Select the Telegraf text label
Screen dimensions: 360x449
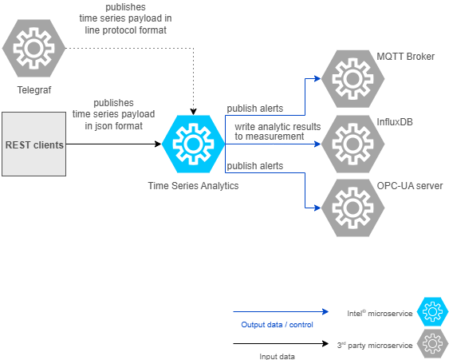[33, 90]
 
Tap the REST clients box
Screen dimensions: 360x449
[33, 144]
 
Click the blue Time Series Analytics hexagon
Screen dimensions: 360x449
[192, 144]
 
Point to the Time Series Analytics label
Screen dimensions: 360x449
[193, 185]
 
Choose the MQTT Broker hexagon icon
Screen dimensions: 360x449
[352, 79]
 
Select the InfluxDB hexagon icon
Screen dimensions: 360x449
[352, 144]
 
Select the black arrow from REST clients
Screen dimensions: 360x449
[112, 144]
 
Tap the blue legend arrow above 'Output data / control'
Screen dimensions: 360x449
[279, 312]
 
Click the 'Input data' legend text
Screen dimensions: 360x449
[278, 356]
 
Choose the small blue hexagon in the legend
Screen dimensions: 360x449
[433, 312]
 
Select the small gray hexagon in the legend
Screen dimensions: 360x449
[433, 343]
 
